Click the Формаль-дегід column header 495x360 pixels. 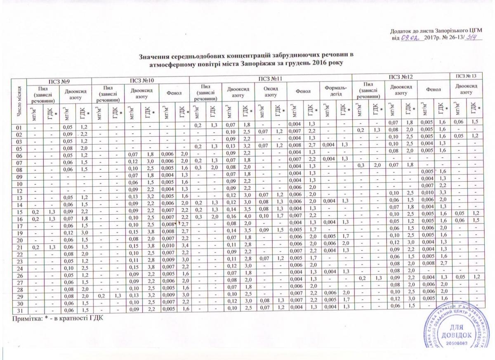point(336,92)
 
